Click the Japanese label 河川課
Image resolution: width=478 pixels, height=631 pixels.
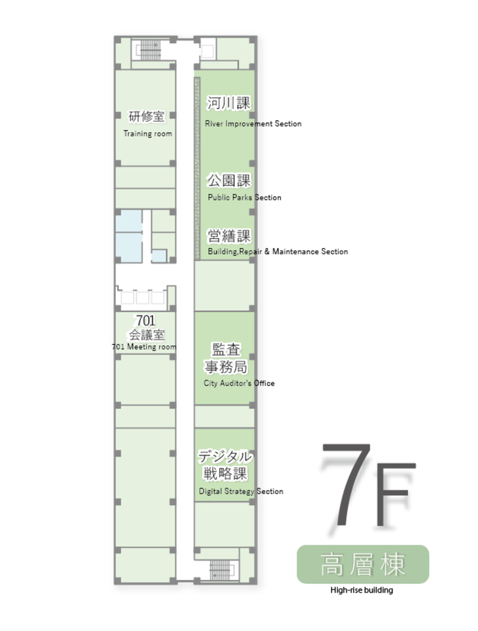[x=229, y=103]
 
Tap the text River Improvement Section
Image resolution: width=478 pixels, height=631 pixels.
[x=253, y=123]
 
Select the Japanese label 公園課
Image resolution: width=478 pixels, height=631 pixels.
[x=229, y=180]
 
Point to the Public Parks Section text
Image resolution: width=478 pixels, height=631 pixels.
[x=244, y=198]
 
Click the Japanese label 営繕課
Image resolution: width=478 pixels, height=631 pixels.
[x=229, y=236]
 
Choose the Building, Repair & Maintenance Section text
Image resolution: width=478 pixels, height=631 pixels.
[x=278, y=251]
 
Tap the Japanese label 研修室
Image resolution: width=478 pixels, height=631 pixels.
[x=146, y=116]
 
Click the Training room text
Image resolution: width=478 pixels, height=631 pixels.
[x=148, y=134]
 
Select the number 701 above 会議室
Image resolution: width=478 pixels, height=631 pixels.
[x=145, y=320]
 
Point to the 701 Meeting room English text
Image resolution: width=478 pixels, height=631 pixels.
[x=144, y=347]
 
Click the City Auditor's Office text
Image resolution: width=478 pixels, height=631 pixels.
[x=239, y=383]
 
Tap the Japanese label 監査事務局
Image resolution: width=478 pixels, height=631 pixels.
[x=225, y=358]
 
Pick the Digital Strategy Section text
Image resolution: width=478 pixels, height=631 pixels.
[x=241, y=491]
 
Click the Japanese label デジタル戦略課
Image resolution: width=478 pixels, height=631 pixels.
[x=225, y=465]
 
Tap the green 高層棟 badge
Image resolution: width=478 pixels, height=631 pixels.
[x=363, y=564]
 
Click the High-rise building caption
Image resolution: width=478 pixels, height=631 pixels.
[x=362, y=590]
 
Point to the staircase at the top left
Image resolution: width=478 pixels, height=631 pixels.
[x=150, y=50]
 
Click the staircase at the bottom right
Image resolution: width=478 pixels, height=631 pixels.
[x=220, y=570]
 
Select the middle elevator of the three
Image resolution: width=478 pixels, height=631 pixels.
[x=143, y=298]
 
